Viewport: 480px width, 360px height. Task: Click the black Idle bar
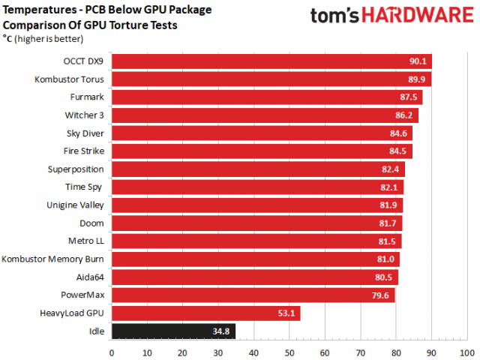point(173,330)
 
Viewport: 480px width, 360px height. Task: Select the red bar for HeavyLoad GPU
point(205,313)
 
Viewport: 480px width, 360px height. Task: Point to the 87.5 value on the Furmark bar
point(409,97)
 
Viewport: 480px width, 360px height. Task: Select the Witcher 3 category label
point(84,115)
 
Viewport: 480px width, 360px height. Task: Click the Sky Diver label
point(85,133)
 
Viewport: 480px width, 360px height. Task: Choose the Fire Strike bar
point(262,151)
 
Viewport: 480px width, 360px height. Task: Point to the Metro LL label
point(85,241)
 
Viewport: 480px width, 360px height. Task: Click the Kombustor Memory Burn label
point(53,259)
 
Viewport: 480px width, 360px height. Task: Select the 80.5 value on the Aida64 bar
point(385,277)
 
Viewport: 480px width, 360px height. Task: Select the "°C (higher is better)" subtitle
point(43,39)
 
